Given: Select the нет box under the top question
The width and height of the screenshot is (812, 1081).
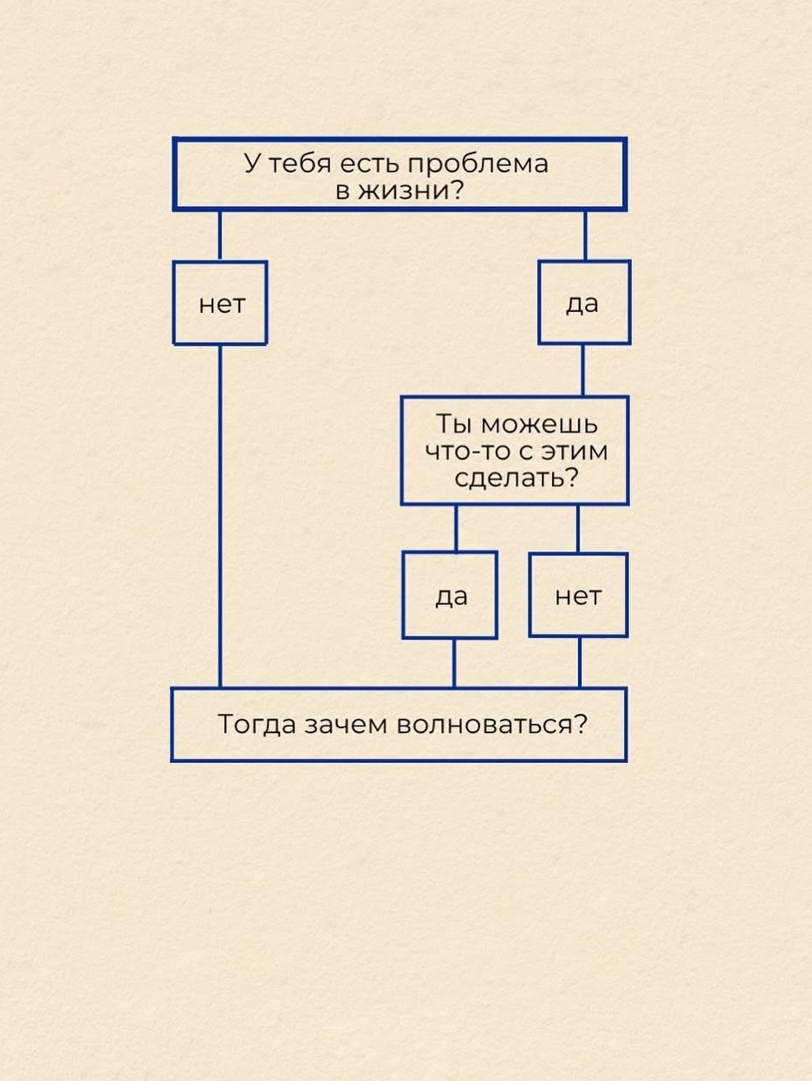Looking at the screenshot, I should tap(220, 303).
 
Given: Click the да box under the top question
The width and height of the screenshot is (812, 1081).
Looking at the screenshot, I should tap(583, 303).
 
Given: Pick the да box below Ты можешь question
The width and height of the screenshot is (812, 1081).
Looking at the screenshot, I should tap(450, 596).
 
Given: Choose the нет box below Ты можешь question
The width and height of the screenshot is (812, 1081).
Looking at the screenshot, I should tap(578, 596).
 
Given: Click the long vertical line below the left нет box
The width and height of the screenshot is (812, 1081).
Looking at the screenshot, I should tap(219, 516).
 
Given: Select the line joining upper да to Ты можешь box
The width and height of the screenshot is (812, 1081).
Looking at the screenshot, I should tap(582, 370).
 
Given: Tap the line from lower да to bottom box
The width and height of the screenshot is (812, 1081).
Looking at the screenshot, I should tap(453, 663).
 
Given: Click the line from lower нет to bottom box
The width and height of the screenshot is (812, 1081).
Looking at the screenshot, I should tap(580, 663).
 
